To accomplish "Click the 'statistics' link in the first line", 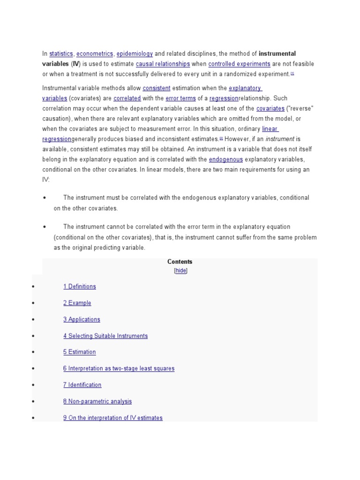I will [x=61, y=54].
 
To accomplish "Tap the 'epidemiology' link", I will [x=135, y=54].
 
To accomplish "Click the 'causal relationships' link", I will [x=163, y=64].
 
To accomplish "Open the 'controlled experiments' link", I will [x=239, y=64].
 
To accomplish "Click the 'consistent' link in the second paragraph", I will [x=156, y=88].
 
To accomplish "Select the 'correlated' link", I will [x=127, y=98].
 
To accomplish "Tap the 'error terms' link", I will [x=180, y=98].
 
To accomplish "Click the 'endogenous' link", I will [x=225, y=159].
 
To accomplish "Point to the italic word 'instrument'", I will [x=280, y=139].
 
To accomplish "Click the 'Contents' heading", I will [x=180, y=262].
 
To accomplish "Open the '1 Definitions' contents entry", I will [x=80, y=286].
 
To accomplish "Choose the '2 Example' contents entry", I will [x=77, y=303].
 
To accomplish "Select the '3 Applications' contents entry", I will [x=82, y=319].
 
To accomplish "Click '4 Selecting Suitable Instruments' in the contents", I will [x=105, y=336].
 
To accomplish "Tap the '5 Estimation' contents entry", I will [x=79, y=352].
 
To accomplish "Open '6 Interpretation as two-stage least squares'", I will [x=119, y=368].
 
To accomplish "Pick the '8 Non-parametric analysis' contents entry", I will [x=97, y=401].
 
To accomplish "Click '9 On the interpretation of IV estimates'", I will [x=113, y=418].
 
